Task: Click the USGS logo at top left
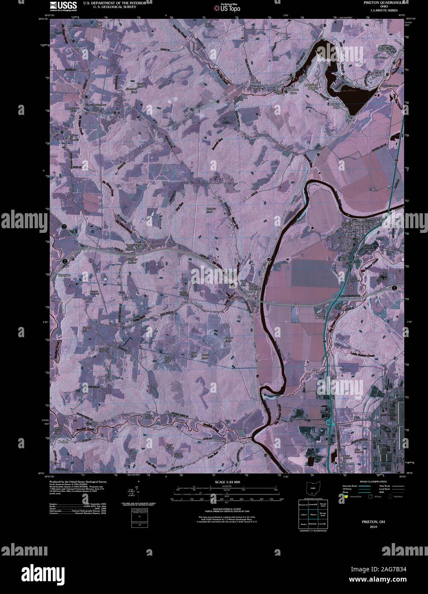63,6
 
